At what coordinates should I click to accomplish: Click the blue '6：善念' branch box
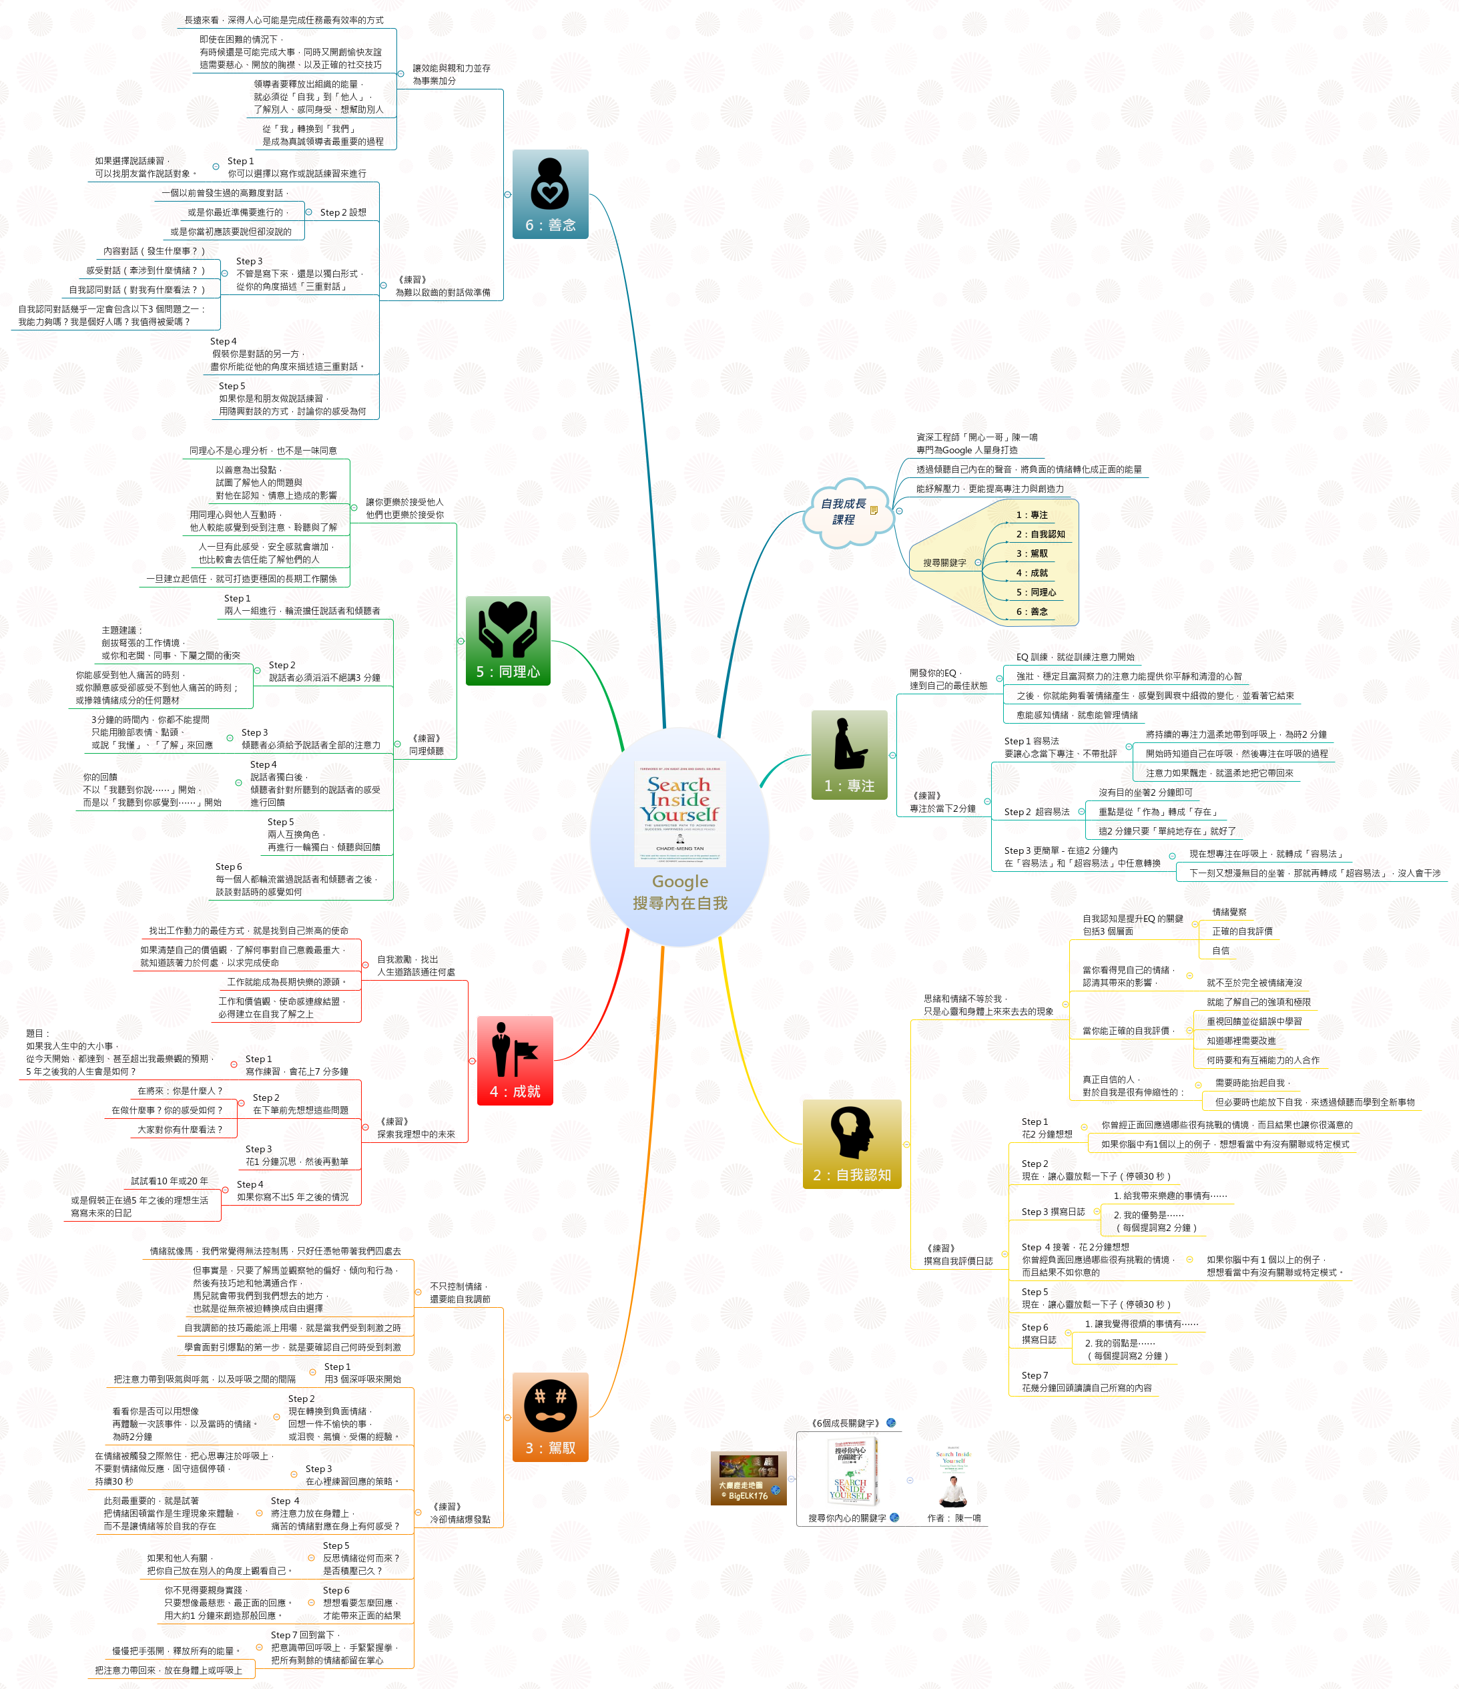point(549,194)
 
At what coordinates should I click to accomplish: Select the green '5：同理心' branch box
point(507,641)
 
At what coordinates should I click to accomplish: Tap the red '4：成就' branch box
point(515,1061)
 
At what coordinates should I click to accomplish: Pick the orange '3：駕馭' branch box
point(549,1417)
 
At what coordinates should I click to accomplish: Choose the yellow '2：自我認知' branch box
point(851,1144)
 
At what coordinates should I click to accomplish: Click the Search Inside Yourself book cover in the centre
point(680,814)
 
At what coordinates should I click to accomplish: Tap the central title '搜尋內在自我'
point(680,903)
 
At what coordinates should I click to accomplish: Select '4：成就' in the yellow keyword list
point(1031,573)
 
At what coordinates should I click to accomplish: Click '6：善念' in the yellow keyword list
point(1031,612)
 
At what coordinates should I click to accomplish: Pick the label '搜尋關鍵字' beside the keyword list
point(944,563)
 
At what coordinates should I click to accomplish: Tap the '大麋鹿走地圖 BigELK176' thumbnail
point(748,1478)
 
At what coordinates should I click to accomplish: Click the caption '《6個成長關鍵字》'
point(844,1423)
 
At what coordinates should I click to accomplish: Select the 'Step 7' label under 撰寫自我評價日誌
point(1035,1375)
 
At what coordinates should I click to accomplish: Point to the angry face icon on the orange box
point(549,1405)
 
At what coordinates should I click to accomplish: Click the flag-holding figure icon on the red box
point(515,1049)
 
